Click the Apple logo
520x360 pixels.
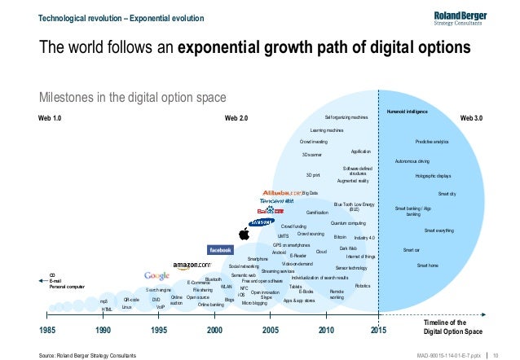[243, 235]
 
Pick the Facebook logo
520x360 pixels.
[221, 249]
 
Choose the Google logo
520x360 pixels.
[156, 275]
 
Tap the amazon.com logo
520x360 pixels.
[191, 266]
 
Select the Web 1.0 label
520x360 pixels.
[50, 119]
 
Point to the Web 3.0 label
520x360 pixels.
[472, 119]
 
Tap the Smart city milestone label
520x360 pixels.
[447, 193]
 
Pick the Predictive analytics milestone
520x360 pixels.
[431, 141]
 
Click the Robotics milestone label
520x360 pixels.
[364, 286]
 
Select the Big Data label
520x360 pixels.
[310, 193]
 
